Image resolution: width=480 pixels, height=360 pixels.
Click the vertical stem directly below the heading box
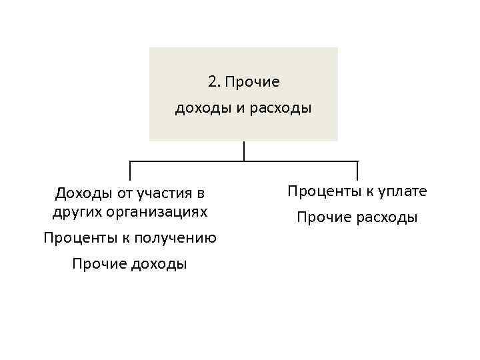coord(244,151)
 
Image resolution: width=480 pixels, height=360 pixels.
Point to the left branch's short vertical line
coord(129,171)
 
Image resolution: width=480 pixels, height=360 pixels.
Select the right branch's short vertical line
coord(357,171)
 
